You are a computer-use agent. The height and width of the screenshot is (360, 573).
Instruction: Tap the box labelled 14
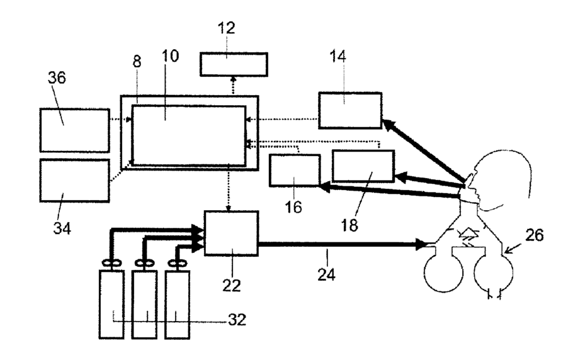[349, 111]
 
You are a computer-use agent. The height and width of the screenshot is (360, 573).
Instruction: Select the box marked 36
[74, 130]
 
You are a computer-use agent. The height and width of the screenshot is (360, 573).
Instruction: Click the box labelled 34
[74, 180]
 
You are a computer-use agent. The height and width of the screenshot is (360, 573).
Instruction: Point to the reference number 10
[170, 55]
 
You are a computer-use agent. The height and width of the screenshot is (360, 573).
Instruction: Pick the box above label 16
[294, 170]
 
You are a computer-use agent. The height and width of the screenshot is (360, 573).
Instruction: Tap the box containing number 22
[231, 232]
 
